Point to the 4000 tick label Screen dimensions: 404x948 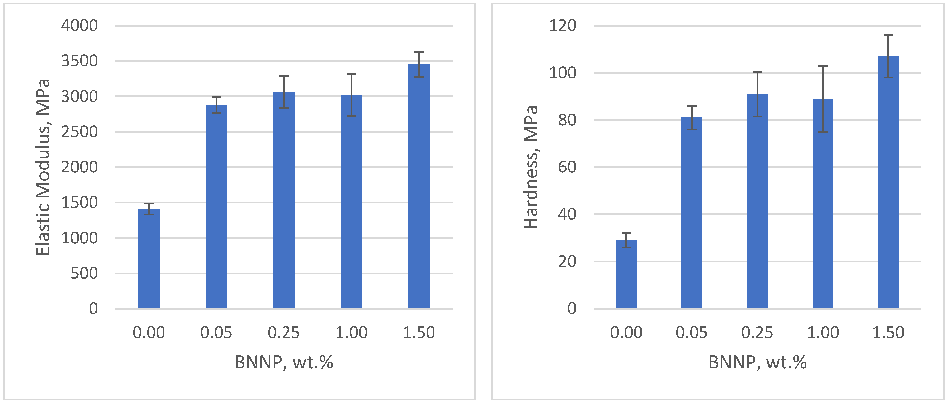point(80,26)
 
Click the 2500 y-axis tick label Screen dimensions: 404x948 point(80,132)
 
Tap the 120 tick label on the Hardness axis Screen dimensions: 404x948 point(562,26)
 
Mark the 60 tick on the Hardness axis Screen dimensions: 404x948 point(567,167)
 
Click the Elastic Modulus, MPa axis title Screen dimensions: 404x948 point(43,167)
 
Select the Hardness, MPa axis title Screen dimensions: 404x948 point(531,167)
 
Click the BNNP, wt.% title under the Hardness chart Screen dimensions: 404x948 point(757,363)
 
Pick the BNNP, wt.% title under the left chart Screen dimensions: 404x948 point(284,363)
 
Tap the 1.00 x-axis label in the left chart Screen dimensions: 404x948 point(351,333)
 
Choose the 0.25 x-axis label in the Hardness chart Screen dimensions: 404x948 point(757,333)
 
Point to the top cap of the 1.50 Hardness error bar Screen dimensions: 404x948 point(888,35)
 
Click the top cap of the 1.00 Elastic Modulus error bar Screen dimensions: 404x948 point(351,74)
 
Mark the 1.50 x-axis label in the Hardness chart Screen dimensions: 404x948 point(888,333)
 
